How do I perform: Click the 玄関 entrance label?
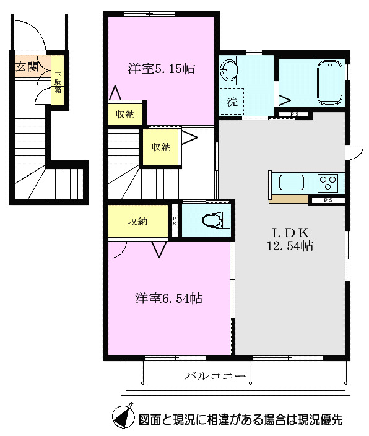(x=27, y=66)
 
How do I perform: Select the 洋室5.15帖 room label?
(x=162, y=69)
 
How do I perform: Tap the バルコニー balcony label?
(x=215, y=376)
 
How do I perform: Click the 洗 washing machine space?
(x=232, y=101)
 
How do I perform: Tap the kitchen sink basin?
(x=291, y=183)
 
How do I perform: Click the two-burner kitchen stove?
(x=328, y=183)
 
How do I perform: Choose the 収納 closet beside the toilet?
(x=137, y=222)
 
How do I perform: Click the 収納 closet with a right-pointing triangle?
(x=162, y=147)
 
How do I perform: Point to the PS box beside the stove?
(x=327, y=200)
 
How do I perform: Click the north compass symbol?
(x=123, y=418)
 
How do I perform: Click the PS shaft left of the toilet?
(x=175, y=222)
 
